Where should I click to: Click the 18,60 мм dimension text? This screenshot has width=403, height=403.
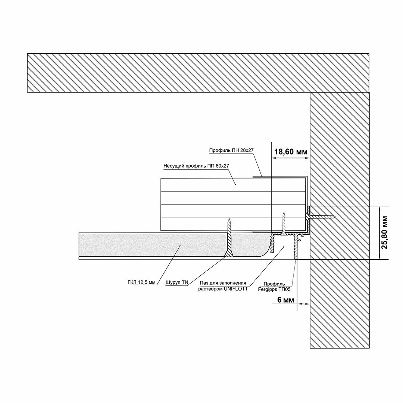(291, 151)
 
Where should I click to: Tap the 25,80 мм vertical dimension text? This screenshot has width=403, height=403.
(384, 232)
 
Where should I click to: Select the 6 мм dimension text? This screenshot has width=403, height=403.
(285, 300)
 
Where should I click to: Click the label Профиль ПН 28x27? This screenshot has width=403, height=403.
(232, 150)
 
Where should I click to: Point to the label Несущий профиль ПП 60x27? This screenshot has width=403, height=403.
(196, 166)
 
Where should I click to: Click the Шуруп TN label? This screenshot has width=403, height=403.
(177, 282)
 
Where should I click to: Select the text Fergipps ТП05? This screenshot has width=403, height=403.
(274, 289)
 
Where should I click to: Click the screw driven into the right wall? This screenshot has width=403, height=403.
(321, 217)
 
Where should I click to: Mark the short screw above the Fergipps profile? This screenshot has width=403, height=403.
(284, 223)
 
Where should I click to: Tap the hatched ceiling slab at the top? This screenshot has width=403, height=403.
(198, 73)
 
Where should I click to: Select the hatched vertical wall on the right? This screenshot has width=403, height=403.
(340, 220)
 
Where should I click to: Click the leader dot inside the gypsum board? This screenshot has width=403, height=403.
(180, 246)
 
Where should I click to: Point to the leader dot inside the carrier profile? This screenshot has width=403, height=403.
(235, 184)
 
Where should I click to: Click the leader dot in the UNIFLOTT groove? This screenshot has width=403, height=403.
(284, 247)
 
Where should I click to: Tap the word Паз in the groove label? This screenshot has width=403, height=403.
(204, 283)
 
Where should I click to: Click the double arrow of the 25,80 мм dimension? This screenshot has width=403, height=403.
(379, 233)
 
